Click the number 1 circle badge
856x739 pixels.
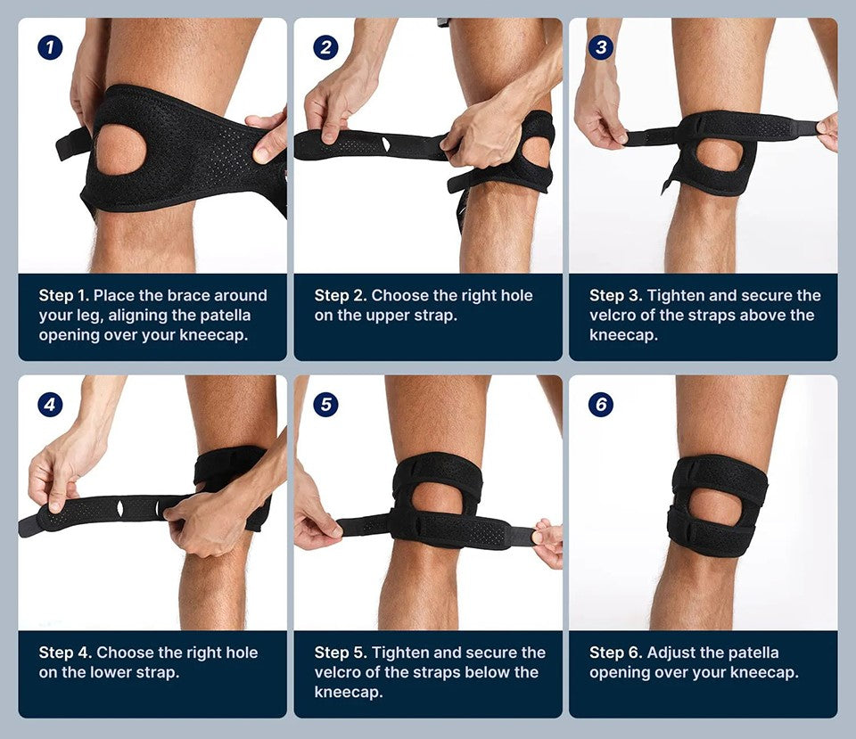tap(50, 47)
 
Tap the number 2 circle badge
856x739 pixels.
tap(326, 47)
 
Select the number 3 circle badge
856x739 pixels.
tap(601, 47)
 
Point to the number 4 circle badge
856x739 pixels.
tap(50, 405)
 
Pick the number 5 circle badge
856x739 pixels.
tap(326, 405)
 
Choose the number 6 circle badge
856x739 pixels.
tap(601, 405)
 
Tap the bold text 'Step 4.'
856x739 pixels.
tap(65, 653)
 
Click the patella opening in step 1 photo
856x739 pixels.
tap(121, 150)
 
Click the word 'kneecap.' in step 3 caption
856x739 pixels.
tap(623, 335)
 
